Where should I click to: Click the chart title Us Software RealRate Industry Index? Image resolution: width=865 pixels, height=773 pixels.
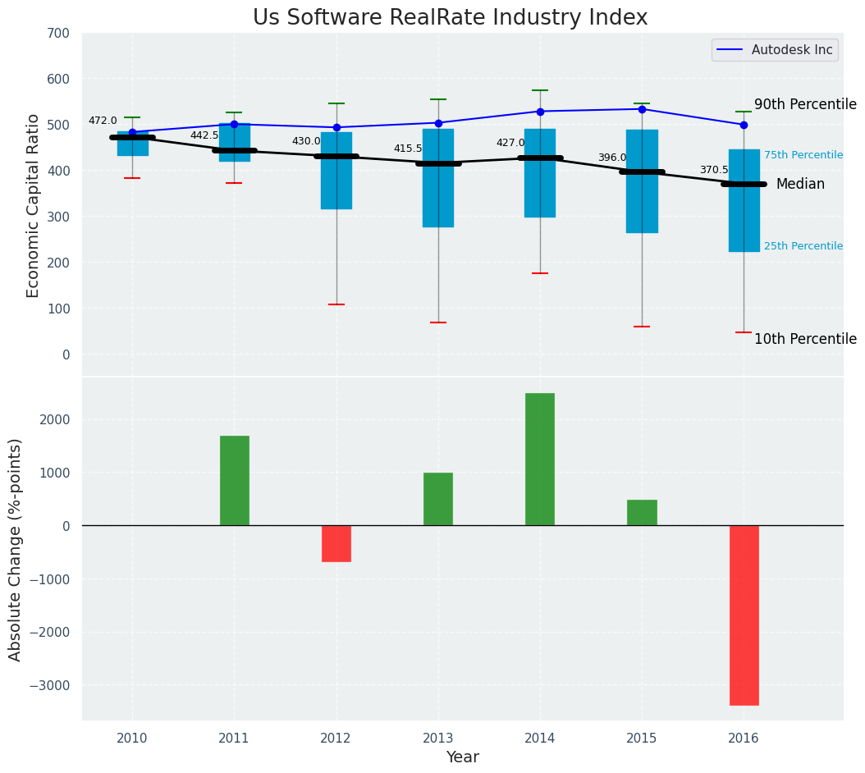(x=450, y=18)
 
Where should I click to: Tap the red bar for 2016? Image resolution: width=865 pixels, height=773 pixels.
(x=744, y=615)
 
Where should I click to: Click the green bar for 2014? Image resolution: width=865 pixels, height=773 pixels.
(x=539, y=459)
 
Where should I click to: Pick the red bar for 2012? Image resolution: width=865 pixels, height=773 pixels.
(x=336, y=543)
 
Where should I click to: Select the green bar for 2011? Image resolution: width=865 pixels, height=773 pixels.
(x=234, y=480)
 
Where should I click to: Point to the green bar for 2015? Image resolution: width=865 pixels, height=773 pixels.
(x=642, y=512)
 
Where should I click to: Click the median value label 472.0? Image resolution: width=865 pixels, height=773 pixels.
(x=103, y=121)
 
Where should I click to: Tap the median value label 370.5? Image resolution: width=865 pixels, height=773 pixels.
(x=713, y=170)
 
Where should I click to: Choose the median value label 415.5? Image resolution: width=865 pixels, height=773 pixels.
(x=407, y=149)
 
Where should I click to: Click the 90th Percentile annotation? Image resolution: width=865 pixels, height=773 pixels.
(x=804, y=105)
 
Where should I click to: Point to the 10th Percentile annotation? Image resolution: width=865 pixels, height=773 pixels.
(x=804, y=340)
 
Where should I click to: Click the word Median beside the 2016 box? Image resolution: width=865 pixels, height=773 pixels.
(x=800, y=185)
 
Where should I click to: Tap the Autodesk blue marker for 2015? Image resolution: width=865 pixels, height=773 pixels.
(x=642, y=109)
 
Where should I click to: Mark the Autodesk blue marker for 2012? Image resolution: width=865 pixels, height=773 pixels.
(x=336, y=127)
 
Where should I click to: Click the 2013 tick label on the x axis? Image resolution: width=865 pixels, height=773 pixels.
(x=438, y=739)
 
